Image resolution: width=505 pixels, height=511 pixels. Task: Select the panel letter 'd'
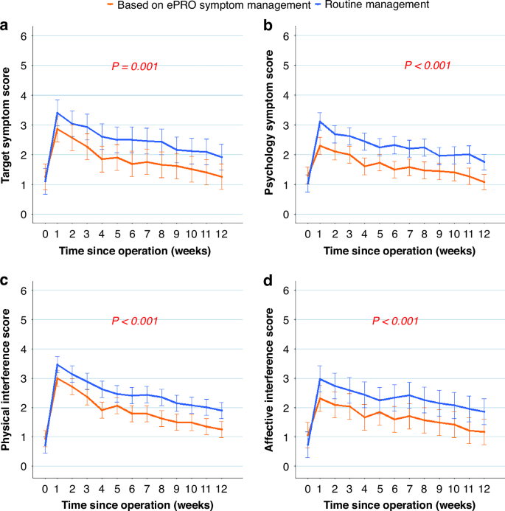[x=266, y=282]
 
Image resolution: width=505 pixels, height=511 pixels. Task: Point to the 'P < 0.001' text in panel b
[x=428, y=66]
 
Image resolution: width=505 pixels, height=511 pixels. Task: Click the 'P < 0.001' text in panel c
[x=136, y=321]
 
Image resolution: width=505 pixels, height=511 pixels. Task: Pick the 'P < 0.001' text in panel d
[x=397, y=321]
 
